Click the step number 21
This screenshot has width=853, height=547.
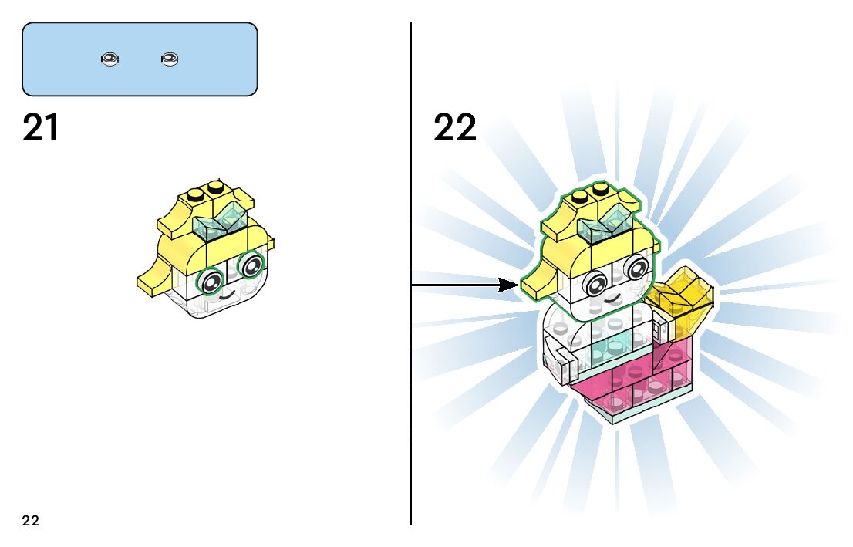(x=41, y=128)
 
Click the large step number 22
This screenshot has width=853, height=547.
(x=455, y=128)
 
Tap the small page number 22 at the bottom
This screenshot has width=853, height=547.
(x=31, y=521)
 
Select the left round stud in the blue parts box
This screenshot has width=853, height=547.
(x=110, y=59)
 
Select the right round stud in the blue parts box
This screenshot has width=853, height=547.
(x=170, y=59)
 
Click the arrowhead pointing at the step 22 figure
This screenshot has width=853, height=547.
(x=508, y=285)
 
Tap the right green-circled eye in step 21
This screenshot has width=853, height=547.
(x=251, y=267)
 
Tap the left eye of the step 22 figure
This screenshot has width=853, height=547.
(x=595, y=283)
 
